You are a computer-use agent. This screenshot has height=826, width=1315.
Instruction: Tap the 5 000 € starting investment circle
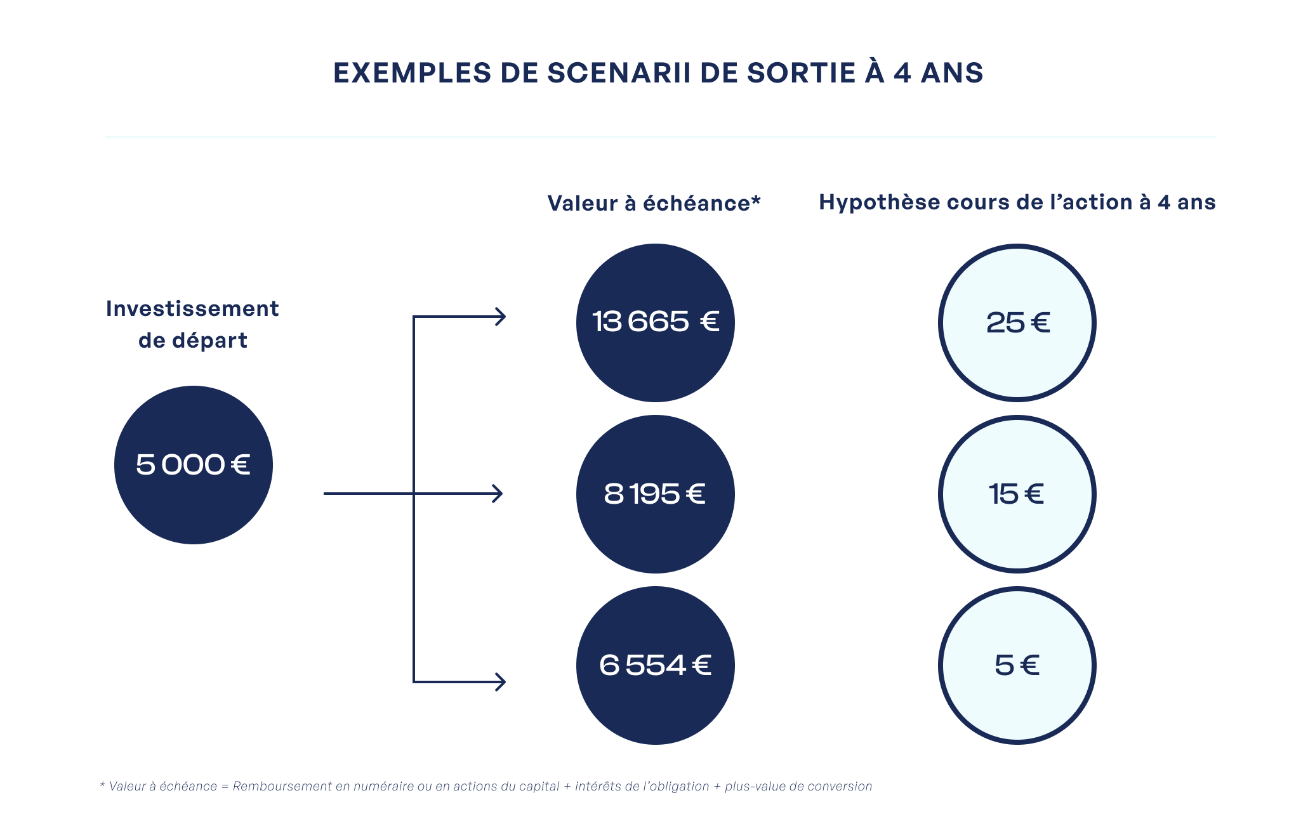(x=194, y=465)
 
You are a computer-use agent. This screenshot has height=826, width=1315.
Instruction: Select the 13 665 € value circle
(x=656, y=323)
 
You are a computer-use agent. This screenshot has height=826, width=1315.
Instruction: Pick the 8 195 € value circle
(x=656, y=494)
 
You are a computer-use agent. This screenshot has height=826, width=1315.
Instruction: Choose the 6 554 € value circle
(x=656, y=665)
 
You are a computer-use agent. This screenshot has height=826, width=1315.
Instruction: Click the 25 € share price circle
(x=1017, y=323)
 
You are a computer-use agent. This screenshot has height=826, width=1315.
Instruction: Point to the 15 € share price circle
(x=1017, y=494)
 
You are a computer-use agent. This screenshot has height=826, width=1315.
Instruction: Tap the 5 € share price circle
(x=1017, y=665)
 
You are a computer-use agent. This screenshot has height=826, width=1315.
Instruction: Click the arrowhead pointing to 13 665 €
(x=501, y=317)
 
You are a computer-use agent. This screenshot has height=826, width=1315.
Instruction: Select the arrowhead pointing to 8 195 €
(x=498, y=494)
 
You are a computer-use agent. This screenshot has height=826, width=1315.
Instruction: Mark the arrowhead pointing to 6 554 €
(x=501, y=682)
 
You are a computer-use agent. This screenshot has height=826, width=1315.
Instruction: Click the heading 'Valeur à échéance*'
(x=654, y=203)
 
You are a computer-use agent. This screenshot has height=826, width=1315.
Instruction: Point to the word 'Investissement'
(x=192, y=308)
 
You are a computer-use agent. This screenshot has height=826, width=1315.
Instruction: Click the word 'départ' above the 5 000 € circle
(x=210, y=341)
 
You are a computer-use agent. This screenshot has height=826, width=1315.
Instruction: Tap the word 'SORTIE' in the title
(x=801, y=73)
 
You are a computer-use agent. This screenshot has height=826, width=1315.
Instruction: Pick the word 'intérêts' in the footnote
(x=598, y=786)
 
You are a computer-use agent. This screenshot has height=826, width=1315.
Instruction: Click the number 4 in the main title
(x=902, y=73)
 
